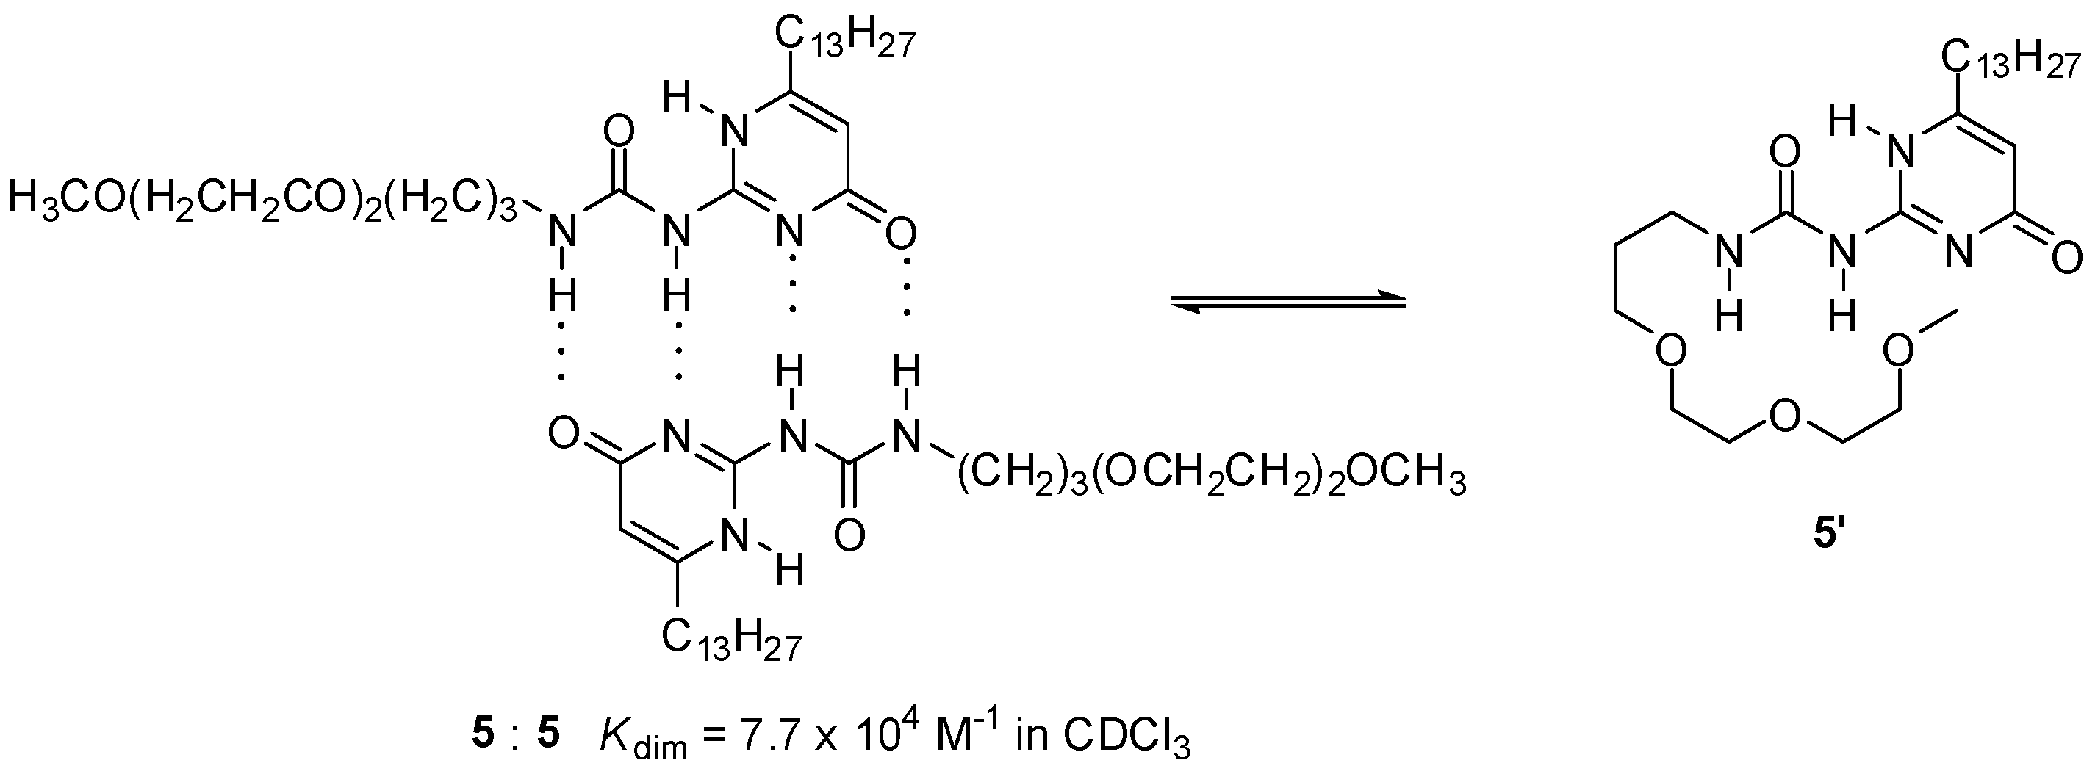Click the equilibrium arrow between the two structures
1288,302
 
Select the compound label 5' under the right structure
1830,538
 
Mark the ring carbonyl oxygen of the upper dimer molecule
900,236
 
